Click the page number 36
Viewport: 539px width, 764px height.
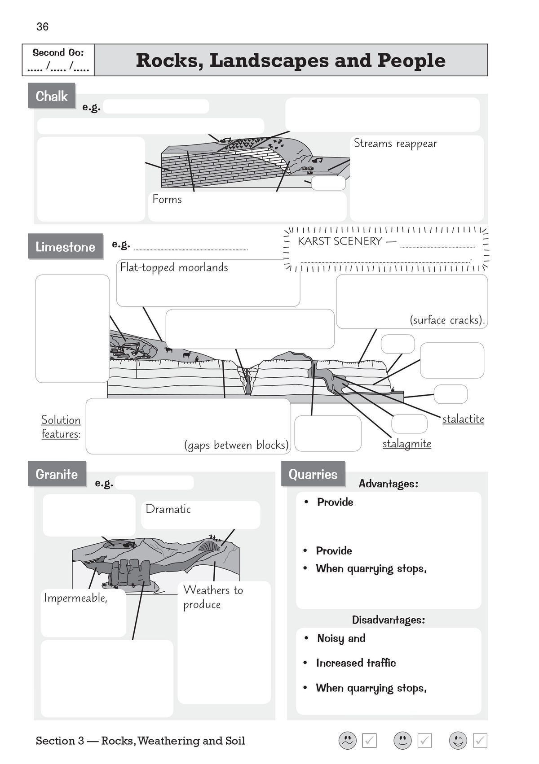tap(42, 27)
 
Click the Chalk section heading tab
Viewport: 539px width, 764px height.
tap(52, 96)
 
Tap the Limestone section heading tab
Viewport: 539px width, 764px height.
tap(66, 247)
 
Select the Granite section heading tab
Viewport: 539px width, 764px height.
tap(57, 474)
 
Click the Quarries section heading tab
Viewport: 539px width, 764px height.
tap(313, 474)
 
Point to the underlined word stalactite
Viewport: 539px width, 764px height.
tap(463, 419)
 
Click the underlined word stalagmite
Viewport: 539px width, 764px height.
tap(406, 444)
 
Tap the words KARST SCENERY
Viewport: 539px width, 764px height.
tap(340, 241)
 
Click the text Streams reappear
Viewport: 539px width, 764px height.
tap(395, 144)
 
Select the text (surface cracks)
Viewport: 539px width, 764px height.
tap(447, 320)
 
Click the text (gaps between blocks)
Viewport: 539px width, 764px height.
tap(236, 445)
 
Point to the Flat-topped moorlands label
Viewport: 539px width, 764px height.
tap(174, 267)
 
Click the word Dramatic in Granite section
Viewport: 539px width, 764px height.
tap(168, 509)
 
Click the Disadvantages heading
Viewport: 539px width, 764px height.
tap(388, 620)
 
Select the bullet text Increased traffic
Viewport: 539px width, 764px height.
tap(356, 663)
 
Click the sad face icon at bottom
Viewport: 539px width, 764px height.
tap(347, 741)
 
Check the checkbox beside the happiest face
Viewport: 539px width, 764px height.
tap(480, 741)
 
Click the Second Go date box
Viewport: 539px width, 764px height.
tap(58, 60)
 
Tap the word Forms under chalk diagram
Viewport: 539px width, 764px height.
tap(167, 199)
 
